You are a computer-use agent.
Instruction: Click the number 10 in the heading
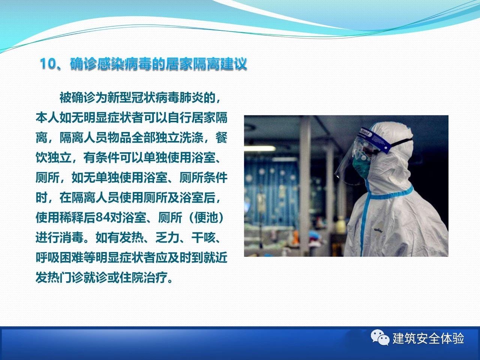pyautogui.click(x=48, y=64)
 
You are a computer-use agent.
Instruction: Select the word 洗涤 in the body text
pyautogui.click(x=191, y=138)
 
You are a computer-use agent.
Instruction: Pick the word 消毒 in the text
pyautogui.click(x=72, y=237)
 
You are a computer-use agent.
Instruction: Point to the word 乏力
pyautogui.click(x=167, y=237)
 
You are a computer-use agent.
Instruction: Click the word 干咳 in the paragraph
pyautogui.click(x=203, y=237)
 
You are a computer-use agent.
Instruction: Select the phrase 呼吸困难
pyautogui.click(x=60, y=258)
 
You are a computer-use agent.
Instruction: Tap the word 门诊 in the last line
pyautogui.click(x=72, y=277)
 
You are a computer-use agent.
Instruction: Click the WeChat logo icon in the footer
pyautogui.click(x=380, y=337)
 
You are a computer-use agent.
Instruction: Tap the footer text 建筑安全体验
pyautogui.click(x=428, y=338)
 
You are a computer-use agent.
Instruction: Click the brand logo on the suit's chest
pyautogui.click(x=378, y=230)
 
